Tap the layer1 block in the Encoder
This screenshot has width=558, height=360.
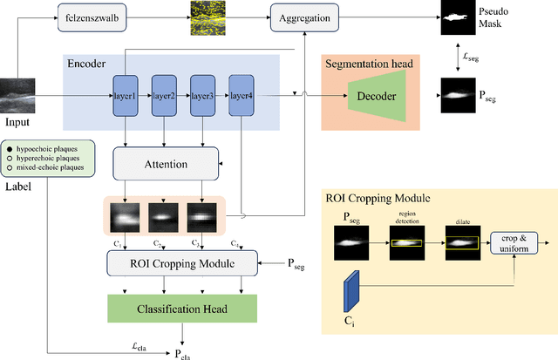[125, 96]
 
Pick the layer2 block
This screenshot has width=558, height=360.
[163, 96]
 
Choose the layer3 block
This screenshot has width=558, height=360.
[202, 96]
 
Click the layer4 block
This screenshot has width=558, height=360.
[242, 96]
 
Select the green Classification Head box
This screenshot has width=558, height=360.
[182, 308]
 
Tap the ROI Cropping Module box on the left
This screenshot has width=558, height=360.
[182, 262]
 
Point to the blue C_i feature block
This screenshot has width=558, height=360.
[351, 289]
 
